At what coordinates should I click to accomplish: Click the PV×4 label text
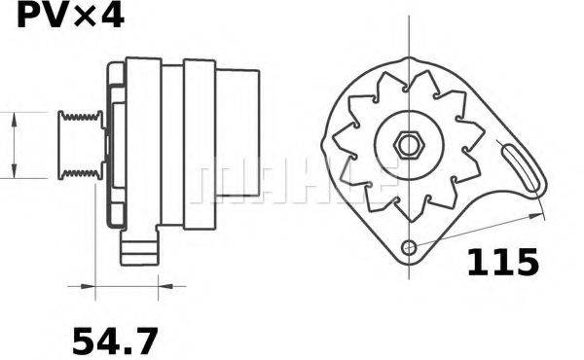pyautogui.click(x=64, y=18)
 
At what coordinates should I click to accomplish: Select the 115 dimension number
pyautogui.click(x=502, y=262)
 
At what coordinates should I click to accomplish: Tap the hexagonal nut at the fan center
pyautogui.click(x=407, y=145)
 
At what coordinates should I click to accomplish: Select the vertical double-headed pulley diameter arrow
pyautogui.click(x=14, y=145)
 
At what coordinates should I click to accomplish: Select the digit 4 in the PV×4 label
pyautogui.click(x=112, y=18)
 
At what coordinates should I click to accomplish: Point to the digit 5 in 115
pyautogui.click(x=524, y=262)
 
